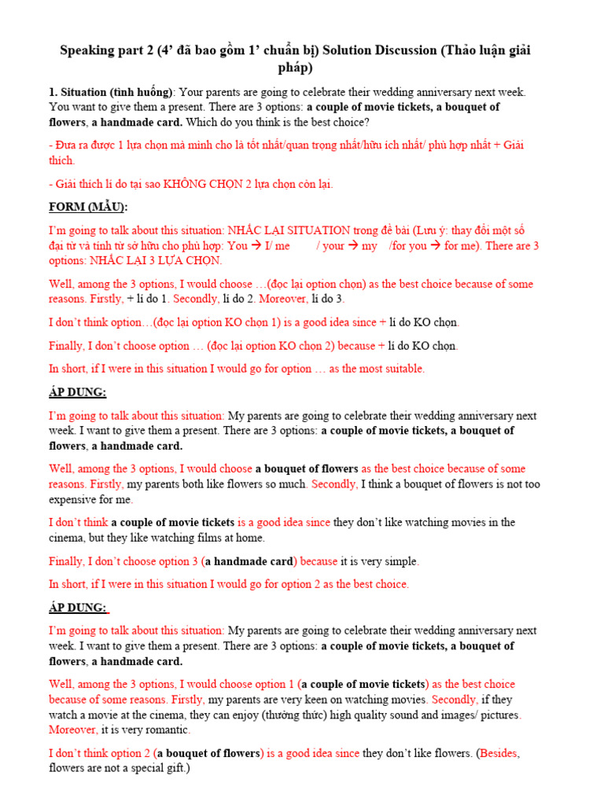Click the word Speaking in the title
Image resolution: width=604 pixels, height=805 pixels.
(x=87, y=51)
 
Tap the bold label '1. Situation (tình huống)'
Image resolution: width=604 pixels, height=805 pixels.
(x=110, y=93)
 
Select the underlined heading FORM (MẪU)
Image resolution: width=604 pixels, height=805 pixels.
(x=88, y=207)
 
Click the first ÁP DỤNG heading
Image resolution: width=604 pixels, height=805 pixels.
(x=78, y=391)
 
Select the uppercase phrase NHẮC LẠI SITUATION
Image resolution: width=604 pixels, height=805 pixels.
(x=289, y=230)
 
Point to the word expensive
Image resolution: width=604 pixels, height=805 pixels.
(x=79, y=499)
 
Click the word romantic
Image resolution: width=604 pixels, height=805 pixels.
(x=165, y=730)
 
